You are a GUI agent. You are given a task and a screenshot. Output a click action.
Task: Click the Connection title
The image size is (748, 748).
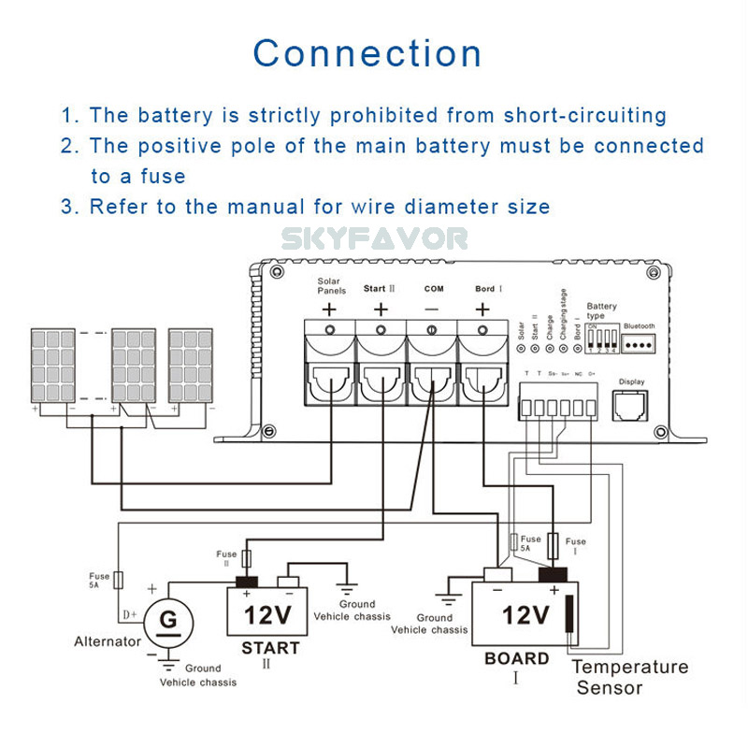click(367, 53)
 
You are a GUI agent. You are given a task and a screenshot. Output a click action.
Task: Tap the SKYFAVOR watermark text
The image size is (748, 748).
click(374, 239)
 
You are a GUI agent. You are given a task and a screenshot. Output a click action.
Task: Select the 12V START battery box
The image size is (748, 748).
click(270, 613)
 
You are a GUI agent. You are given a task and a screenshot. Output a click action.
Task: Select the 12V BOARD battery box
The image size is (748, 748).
click(524, 613)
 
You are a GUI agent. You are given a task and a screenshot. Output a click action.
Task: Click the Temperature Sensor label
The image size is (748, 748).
click(629, 677)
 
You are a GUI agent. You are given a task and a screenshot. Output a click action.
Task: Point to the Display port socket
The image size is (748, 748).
click(631, 405)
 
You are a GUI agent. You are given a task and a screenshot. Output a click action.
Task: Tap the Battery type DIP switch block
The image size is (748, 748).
click(600, 338)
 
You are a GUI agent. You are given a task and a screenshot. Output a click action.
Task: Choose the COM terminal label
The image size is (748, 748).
click(433, 289)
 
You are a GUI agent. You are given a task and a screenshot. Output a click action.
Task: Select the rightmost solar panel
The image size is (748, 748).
click(190, 365)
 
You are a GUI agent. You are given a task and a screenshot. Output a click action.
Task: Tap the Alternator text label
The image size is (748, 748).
click(108, 641)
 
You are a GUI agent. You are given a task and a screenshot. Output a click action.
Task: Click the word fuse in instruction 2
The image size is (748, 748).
click(164, 176)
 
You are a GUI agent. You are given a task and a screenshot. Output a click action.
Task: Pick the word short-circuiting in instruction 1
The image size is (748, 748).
click(585, 116)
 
